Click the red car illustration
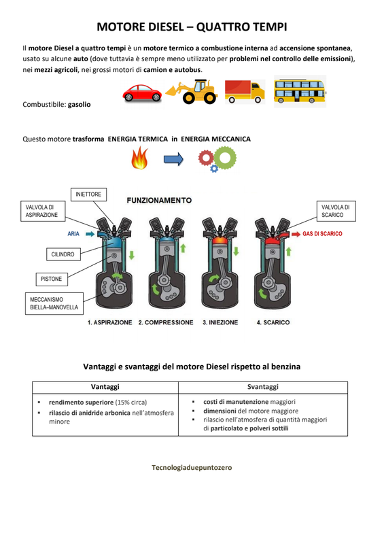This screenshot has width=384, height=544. (142, 93)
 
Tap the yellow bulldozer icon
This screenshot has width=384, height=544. (192, 92)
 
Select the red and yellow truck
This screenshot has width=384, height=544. (245, 92)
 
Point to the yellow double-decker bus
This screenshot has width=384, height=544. (300, 91)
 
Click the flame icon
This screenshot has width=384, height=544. (139, 158)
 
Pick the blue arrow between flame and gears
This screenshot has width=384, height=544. (173, 159)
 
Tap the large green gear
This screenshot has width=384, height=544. (225, 158)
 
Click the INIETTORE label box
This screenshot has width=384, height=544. (88, 194)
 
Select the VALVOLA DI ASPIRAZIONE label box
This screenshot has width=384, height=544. (43, 211)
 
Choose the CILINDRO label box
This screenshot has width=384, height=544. (63, 254)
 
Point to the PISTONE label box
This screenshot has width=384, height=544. (52, 279)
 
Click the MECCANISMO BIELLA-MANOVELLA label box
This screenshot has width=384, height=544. (54, 303)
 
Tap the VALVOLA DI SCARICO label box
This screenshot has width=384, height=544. (336, 211)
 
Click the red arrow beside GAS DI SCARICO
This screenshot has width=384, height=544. (296, 234)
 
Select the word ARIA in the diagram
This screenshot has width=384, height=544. (73, 234)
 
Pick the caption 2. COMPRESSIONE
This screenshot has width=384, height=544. (166, 322)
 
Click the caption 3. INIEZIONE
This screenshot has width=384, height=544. (220, 322)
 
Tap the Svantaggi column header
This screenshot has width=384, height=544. (263, 387)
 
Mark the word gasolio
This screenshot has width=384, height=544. (79, 105)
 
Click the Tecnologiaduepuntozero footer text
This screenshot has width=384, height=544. (192, 467)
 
